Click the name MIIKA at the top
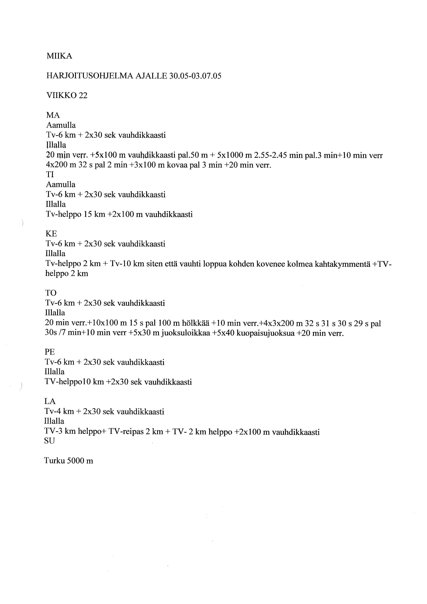(x=59, y=56)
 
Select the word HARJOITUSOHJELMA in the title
(x=90, y=76)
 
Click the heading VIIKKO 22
(x=67, y=95)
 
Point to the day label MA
(x=53, y=115)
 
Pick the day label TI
(x=50, y=174)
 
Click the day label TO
(x=51, y=293)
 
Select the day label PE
(x=50, y=352)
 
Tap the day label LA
(x=50, y=401)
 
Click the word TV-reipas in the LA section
(x=126, y=432)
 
